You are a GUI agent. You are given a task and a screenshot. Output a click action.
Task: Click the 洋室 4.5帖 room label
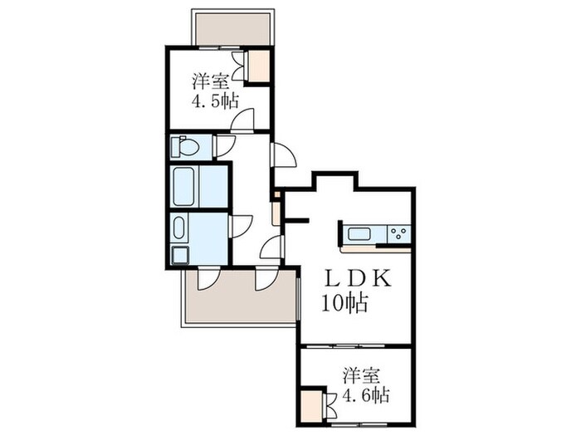[215, 91]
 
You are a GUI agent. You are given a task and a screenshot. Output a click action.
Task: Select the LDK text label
[358, 280]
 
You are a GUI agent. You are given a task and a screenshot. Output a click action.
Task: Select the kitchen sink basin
[359, 233]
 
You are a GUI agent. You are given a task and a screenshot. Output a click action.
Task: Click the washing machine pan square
[180, 254]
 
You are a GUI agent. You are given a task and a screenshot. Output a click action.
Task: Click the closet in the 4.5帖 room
[259, 66]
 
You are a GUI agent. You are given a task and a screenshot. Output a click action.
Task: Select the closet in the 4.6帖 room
[312, 407]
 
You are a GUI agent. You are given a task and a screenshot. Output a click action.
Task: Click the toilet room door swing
[225, 146]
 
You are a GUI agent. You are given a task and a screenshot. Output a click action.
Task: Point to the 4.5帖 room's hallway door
[242, 120]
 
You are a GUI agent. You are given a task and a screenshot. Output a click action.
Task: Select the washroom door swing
[242, 226]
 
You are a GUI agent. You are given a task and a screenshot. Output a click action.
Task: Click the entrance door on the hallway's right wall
[282, 155]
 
